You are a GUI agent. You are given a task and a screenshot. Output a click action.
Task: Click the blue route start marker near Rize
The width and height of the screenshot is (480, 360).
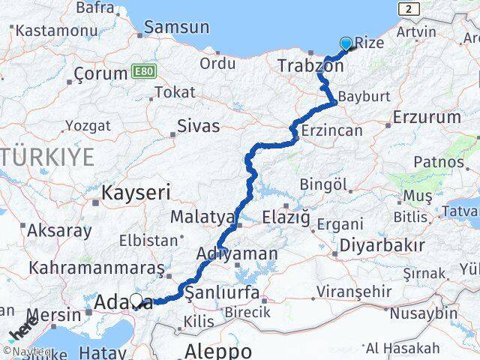[x=346, y=43]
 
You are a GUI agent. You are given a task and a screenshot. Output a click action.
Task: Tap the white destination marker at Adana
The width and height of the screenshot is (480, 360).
[x=136, y=301]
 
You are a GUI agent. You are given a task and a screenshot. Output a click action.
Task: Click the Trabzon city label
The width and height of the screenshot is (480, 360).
[x=310, y=66]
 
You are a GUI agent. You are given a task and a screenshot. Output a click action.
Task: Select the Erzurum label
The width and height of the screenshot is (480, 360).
[x=426, y=117]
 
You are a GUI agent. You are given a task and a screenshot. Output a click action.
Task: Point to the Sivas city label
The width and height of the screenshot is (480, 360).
[x=198, y=125]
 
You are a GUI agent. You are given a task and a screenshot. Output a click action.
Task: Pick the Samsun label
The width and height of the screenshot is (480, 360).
[x=176, y=27]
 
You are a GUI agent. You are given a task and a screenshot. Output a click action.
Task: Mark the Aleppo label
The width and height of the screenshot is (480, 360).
[x=219, y=350]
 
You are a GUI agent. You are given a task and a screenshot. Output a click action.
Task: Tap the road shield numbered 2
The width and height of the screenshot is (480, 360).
[x=407, y=8]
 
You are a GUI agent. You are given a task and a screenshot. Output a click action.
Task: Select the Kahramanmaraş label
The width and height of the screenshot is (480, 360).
[x=96, y=268]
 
